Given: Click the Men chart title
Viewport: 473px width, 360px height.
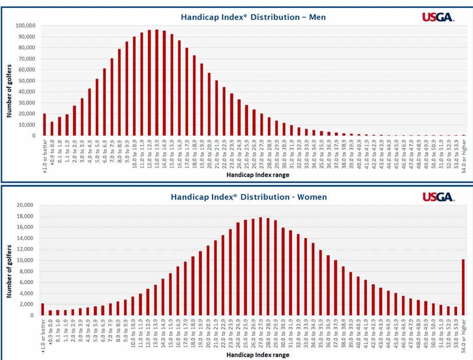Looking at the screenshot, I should (253, 17).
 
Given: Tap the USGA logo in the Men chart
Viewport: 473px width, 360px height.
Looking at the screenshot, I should (438, 18).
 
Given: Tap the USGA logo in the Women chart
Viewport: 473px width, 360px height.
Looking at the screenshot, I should (438, 197).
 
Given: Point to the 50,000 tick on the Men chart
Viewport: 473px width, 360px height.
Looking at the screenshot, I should (26, 81).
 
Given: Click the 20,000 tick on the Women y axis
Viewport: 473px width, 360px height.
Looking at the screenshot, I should (26, 205).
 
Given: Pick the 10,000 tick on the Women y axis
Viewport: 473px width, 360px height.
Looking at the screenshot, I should (26, 260).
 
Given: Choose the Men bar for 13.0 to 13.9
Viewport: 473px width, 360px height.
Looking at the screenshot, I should (157, 83).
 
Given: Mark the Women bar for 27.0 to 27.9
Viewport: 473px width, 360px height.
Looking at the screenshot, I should (261, 266).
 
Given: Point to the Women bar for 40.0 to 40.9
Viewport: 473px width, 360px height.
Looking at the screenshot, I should (358, 296).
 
